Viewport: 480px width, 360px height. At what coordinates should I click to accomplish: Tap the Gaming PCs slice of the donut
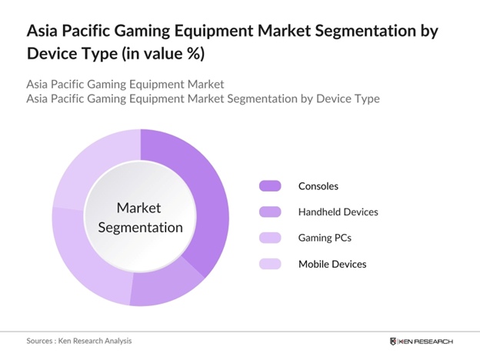tap(81, 258)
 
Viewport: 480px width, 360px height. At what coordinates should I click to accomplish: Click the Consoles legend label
tap(318, 185)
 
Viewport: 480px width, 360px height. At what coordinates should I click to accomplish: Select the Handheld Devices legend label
tap(338, 212)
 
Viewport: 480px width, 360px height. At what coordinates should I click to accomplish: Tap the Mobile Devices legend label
tap(332, 264)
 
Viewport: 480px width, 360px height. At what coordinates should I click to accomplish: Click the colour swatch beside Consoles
tap(270, 185)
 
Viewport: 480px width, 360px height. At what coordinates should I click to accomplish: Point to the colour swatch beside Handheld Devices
tap(270, 212)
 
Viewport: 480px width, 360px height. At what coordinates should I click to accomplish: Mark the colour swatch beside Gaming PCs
tap(270, 238)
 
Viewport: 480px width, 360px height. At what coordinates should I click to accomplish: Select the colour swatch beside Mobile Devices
tap(270, 264)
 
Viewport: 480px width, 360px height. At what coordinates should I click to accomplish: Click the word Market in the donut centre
tap(139, 208)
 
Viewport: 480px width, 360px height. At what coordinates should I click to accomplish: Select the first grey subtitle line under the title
tap(125, 83)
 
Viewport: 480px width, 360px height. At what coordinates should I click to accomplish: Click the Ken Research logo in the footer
tap(422, 341)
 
